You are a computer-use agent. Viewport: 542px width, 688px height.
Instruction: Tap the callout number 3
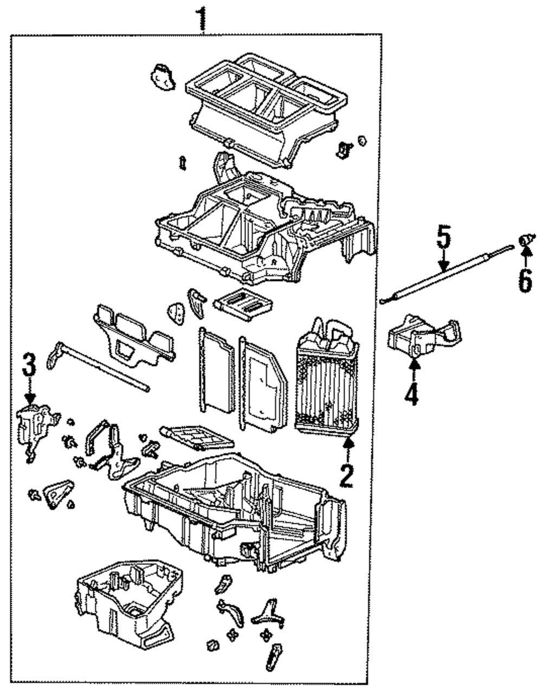(29, 364)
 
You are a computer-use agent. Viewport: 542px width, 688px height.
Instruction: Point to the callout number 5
(443, 237)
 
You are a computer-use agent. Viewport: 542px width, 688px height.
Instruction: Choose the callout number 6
(525, 280)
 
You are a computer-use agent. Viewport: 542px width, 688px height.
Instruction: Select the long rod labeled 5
(447, 274)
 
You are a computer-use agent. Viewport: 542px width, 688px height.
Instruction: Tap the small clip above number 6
(525, 240)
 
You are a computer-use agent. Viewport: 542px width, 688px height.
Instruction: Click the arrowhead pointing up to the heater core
(350, 442)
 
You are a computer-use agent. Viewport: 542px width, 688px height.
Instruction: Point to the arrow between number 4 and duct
(414, 371)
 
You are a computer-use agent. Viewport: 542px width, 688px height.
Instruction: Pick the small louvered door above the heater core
(243, 304)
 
